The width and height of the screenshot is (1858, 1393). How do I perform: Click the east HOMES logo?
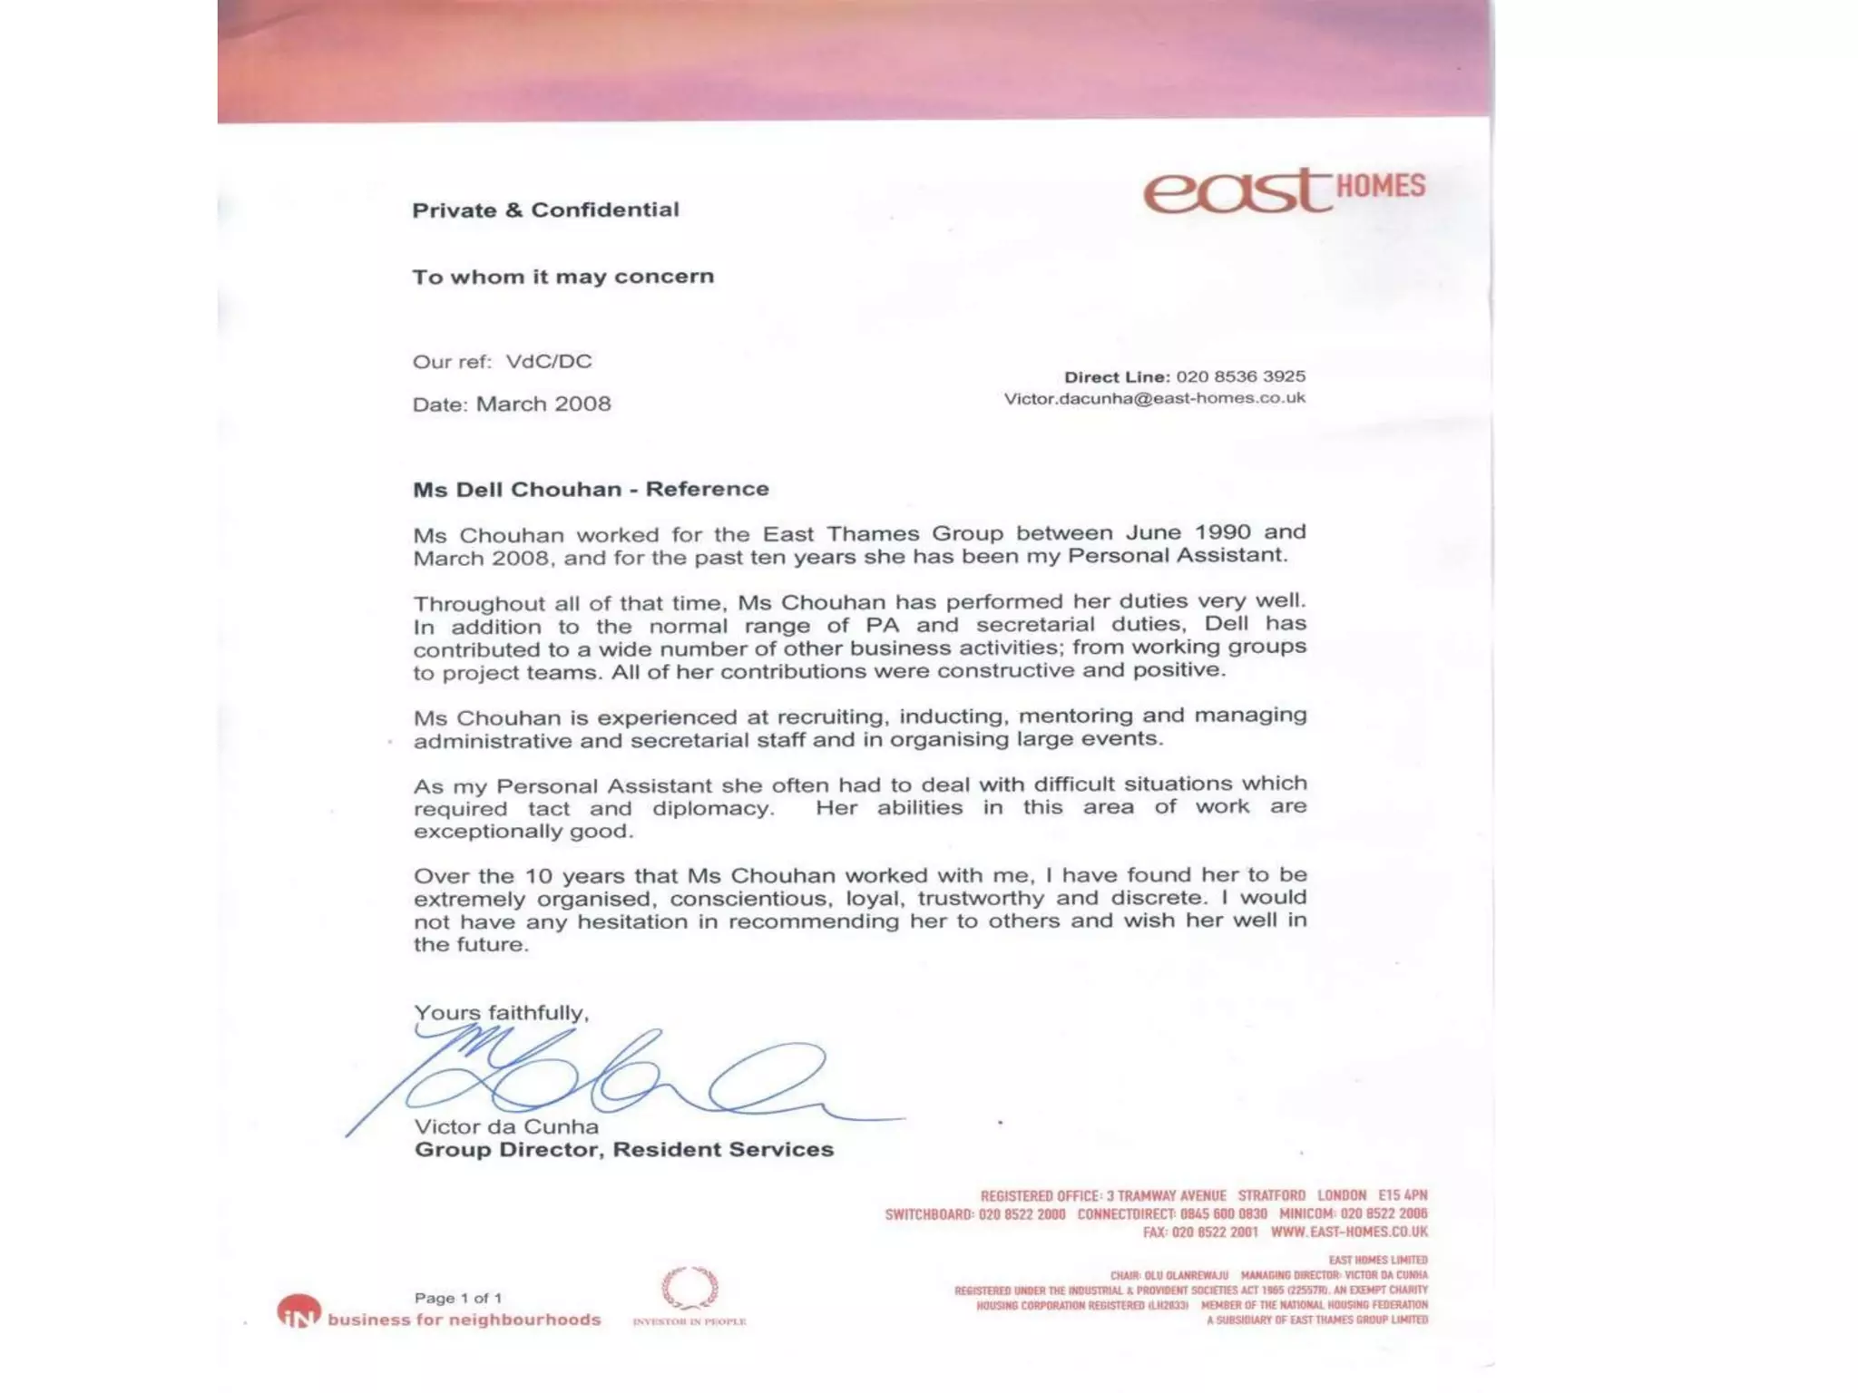click(x=1283, y=190)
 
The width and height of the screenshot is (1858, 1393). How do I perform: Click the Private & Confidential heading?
click(x=545, y=210)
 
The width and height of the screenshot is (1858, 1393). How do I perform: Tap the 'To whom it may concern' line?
click(x=562, y=277)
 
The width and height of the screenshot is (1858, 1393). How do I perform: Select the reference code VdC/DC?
click(x=548, y=362)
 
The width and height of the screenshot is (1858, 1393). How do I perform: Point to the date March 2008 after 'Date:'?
click(x=543, y=404)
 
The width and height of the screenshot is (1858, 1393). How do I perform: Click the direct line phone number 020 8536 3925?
click(x=1240, y=376)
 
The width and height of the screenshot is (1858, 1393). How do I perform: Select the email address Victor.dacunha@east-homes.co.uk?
click(x=1154, y=398)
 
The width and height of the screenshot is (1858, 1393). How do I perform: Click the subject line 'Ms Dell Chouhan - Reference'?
click(x=591, y=490)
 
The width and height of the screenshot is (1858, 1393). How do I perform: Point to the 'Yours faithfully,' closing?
click(x=501, y=1013)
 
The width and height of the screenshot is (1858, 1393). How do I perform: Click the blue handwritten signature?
click(x=617, y=1079)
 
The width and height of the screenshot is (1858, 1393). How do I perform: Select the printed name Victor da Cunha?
click(x=506, y=1127)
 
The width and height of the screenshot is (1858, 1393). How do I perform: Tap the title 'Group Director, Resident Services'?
click(x=623, y=1150)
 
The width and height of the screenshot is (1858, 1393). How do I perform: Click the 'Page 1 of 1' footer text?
click(x=457, y=1299)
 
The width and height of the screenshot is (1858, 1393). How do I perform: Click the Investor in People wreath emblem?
click(x=689, y=1288)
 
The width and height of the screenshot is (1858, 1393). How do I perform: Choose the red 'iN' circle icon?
click(x=298, y=1312)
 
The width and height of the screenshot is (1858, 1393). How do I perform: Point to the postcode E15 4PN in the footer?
click(x=1402, y=1196)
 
